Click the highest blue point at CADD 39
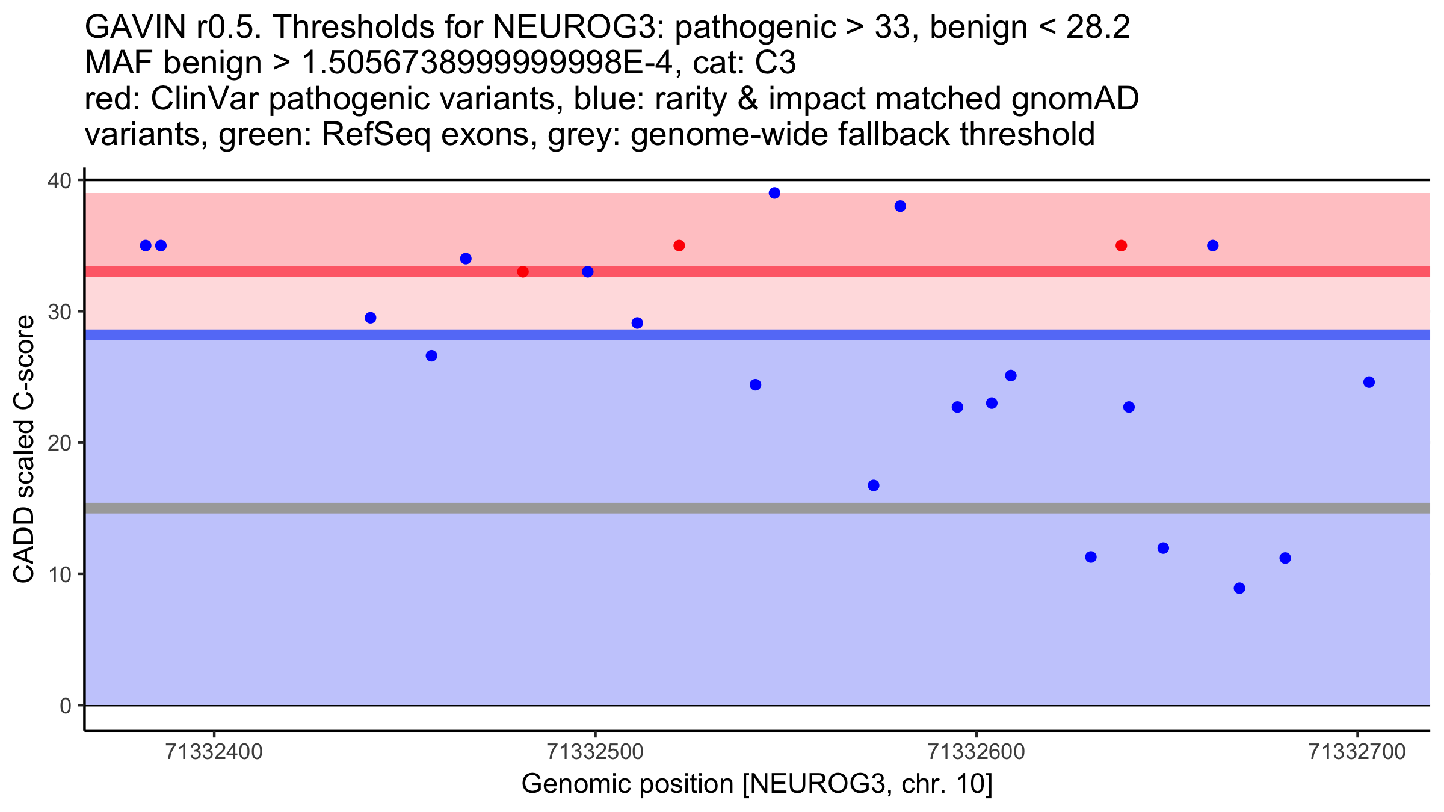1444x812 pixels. pos(774,193)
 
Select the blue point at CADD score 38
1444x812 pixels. pos(900,206)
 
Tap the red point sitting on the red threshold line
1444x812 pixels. pos(523,272)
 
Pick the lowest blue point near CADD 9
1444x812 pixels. pos(1239,588)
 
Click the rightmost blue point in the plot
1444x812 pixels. pos(1369,382)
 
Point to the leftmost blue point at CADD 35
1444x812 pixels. pos(146,245)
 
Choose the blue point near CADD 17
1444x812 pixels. pos(874,485)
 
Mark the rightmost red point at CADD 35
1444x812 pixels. pos(1121,245)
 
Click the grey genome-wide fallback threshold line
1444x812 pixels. pos(722,508)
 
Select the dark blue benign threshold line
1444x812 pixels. pos(722,334)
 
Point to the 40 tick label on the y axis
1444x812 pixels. pos(58,180)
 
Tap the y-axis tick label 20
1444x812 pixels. pos(58,443)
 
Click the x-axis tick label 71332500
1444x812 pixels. pos(595,752)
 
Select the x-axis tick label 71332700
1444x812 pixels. pos(1357,752)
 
